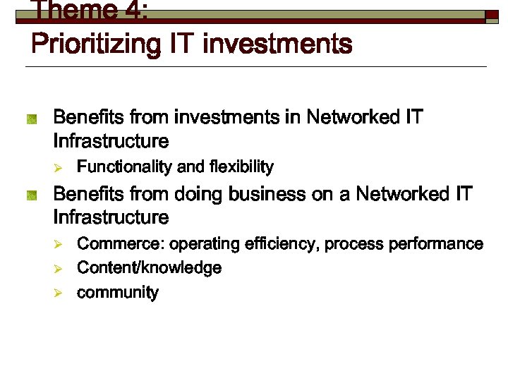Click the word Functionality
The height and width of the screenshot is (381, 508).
click(124, 167)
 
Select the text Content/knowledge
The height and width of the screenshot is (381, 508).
click(149, 268)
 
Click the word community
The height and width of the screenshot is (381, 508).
click(117, 293)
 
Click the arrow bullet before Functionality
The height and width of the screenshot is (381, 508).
click(61, 168)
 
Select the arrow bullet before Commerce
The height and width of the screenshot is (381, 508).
click(61, 245)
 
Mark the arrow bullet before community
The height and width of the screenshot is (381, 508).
click(61, 293)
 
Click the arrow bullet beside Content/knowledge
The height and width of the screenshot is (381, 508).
click(61, 269)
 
